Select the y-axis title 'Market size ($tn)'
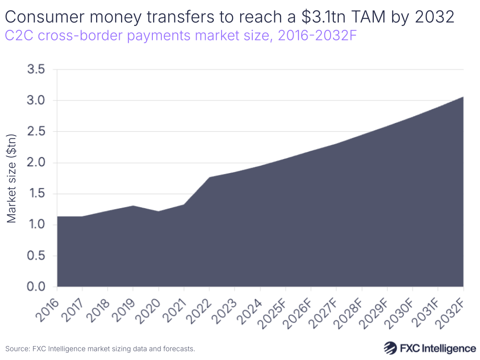[12, 178]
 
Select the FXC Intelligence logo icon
[391, 348]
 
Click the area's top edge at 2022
[209, 177]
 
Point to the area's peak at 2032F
[463, 97]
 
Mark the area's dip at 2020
[159, 211]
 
